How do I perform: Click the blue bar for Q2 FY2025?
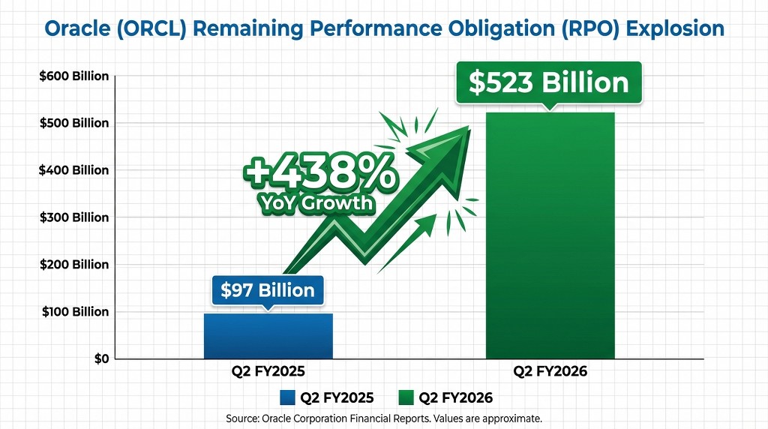tap(268, 335)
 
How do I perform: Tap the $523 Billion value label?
tap(549, 82)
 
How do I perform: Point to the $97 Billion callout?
tap(268, 289)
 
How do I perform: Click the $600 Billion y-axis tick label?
tap(74, 76)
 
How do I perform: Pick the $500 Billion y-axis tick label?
tap(74, 123)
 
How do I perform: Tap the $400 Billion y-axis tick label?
tap(74, 170)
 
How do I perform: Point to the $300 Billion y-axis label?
tap(74, 217)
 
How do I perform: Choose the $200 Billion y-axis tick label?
tap(74, 265)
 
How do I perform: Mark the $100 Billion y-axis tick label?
tap(74, 312)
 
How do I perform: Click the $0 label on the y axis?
tap(102, 359)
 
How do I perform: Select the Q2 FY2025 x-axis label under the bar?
tap(268, 371)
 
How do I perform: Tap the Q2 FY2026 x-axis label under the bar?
tap(550, 371)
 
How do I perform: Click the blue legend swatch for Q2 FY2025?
tap(286, 397)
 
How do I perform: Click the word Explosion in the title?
tap(675, 29)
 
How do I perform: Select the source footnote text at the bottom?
tap(383, 418)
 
